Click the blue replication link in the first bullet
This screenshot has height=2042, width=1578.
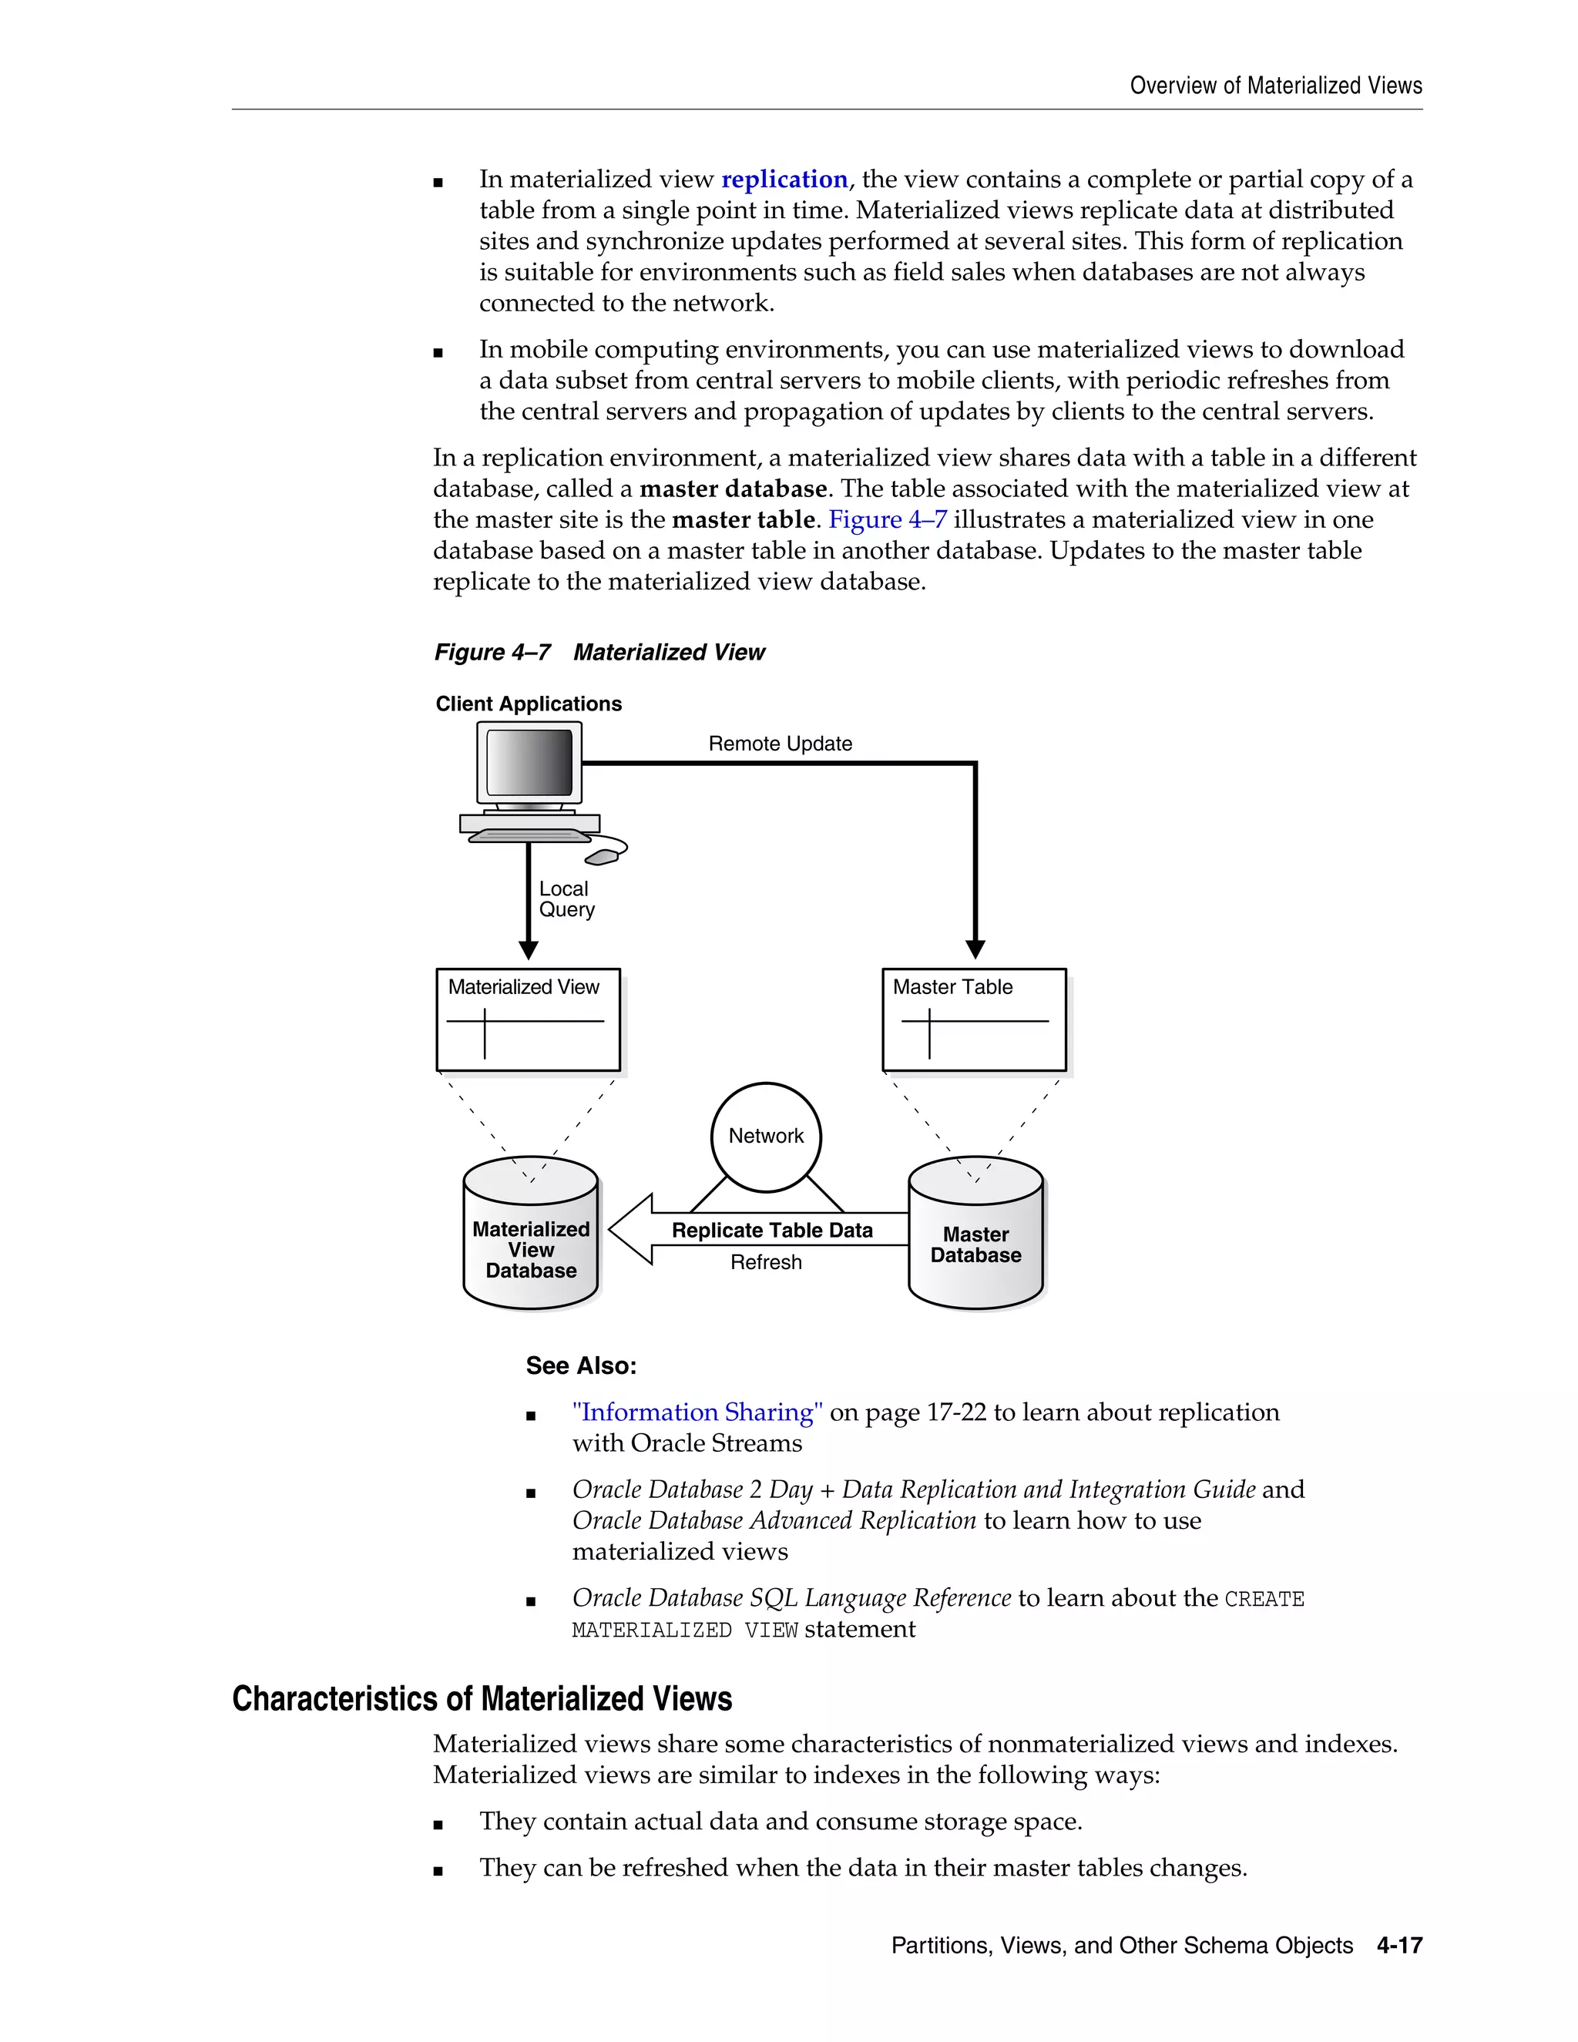tap(784, 180)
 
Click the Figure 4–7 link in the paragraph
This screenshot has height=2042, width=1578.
tap(886, 520)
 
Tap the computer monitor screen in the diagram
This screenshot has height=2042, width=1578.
tap(529, 763)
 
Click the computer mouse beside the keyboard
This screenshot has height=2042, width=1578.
tap(603, 855)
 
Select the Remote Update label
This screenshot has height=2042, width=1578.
tap(780, 744)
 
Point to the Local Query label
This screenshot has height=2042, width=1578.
tap(566, 899)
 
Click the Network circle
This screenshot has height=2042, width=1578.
tap(766, 1136)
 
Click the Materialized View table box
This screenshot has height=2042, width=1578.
tap(528, 1020)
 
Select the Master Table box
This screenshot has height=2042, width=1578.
tap(974, 1020)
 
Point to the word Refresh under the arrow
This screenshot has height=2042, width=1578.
tap(766, 1262)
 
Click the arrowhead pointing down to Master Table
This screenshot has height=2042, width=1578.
tap(975, 949)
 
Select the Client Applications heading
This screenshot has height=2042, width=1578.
tap(528, 704)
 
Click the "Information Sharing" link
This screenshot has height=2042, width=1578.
tap(697, 1412)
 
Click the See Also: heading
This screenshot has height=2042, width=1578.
tap(580, 1366)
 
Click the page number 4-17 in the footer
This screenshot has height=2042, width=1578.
tap(1398, 1946)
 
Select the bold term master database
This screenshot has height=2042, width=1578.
tap(733, 489)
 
